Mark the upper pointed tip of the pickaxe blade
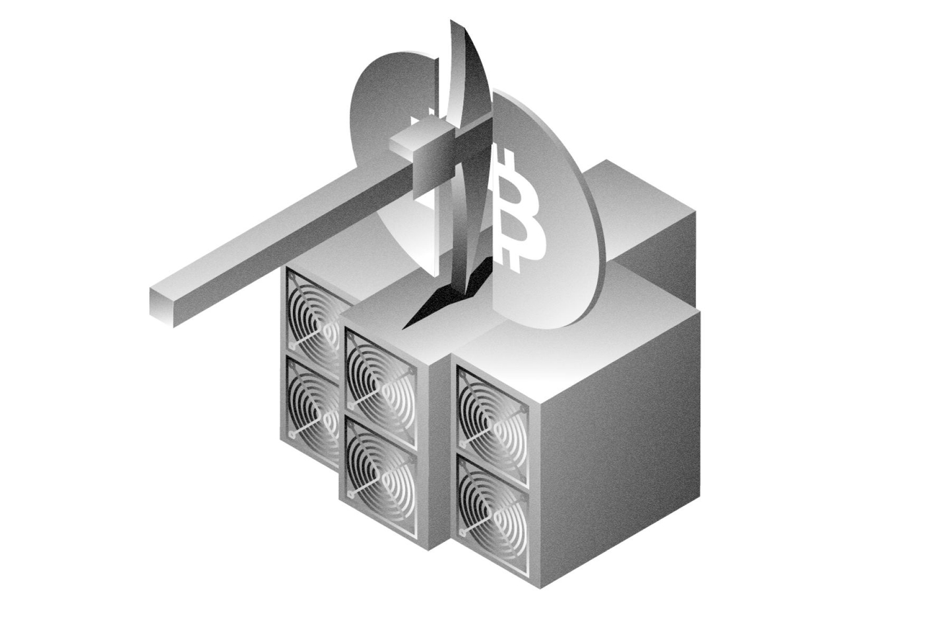pyautogui.click(x=455, y=26)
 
